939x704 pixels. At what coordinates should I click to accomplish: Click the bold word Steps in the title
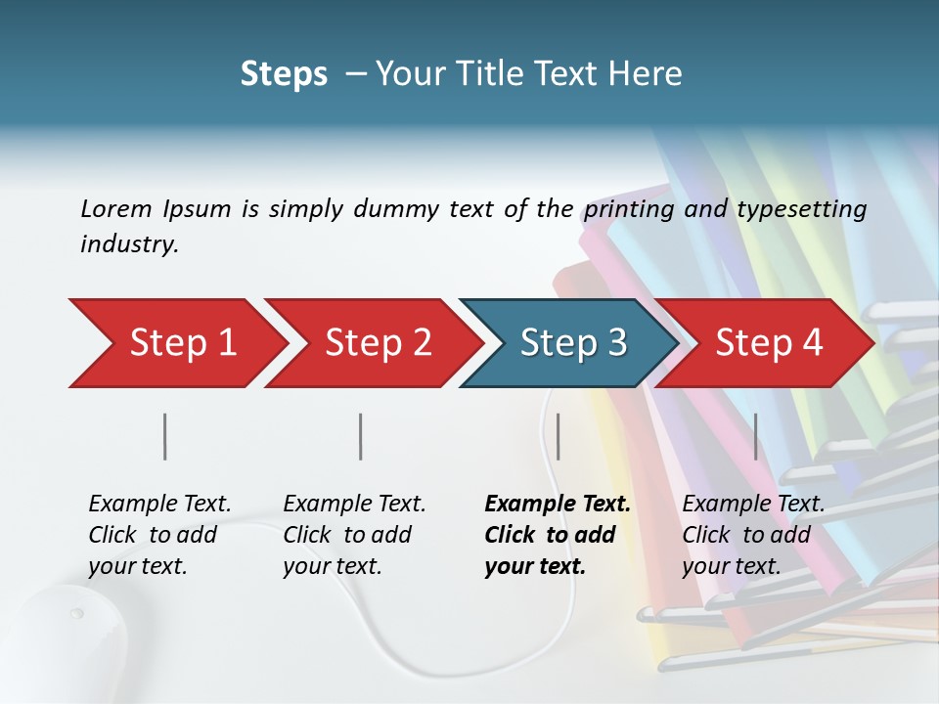tap(284, 74)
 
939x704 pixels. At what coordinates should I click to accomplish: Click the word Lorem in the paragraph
tap(116, 208)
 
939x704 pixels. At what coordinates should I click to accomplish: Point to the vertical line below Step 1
tap(165, 436)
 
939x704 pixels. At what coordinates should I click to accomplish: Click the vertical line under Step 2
tap(361, 436)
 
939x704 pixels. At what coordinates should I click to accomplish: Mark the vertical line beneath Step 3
tap(558, 436)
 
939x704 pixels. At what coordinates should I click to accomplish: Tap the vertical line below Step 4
tap(755, 436)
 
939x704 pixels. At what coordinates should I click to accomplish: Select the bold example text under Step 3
tap(557, 535)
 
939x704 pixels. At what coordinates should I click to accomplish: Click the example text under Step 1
tap(159, 535)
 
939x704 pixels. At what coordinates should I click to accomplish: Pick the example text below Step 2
tap(354, 535)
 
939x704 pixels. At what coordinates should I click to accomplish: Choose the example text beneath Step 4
tap(753, 535)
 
